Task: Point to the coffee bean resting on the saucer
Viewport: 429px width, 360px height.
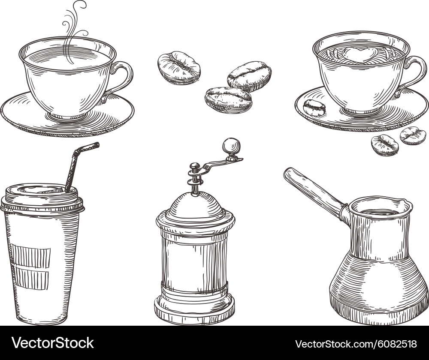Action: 314,108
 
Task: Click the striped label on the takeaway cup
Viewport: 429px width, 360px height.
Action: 30,266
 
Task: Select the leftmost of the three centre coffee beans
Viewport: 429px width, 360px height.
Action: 179,68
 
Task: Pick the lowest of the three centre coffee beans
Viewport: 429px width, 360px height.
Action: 228,99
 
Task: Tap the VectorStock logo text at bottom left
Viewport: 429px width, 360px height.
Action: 53,343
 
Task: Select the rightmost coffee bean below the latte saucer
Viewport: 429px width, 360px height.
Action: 413,136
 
